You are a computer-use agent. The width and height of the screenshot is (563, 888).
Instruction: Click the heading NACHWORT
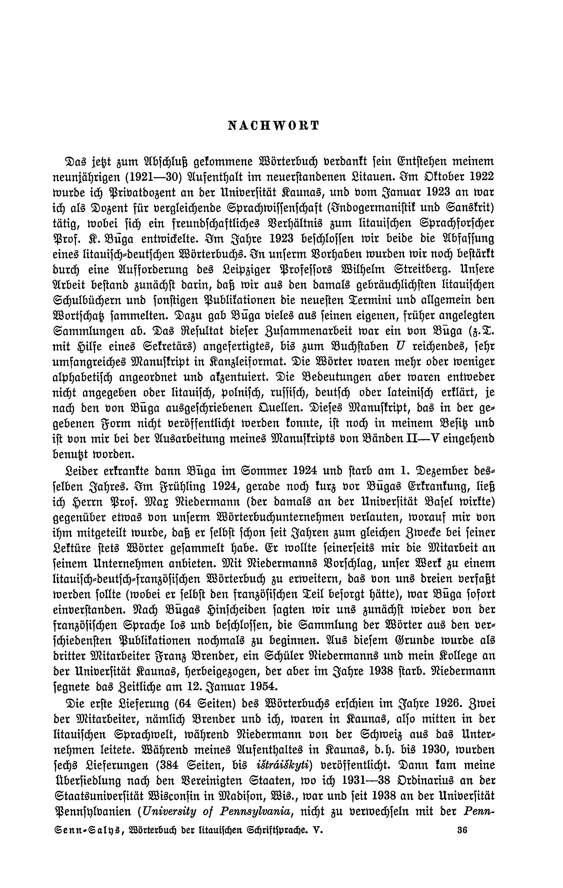pyautogui.click(x=273, y=126)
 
